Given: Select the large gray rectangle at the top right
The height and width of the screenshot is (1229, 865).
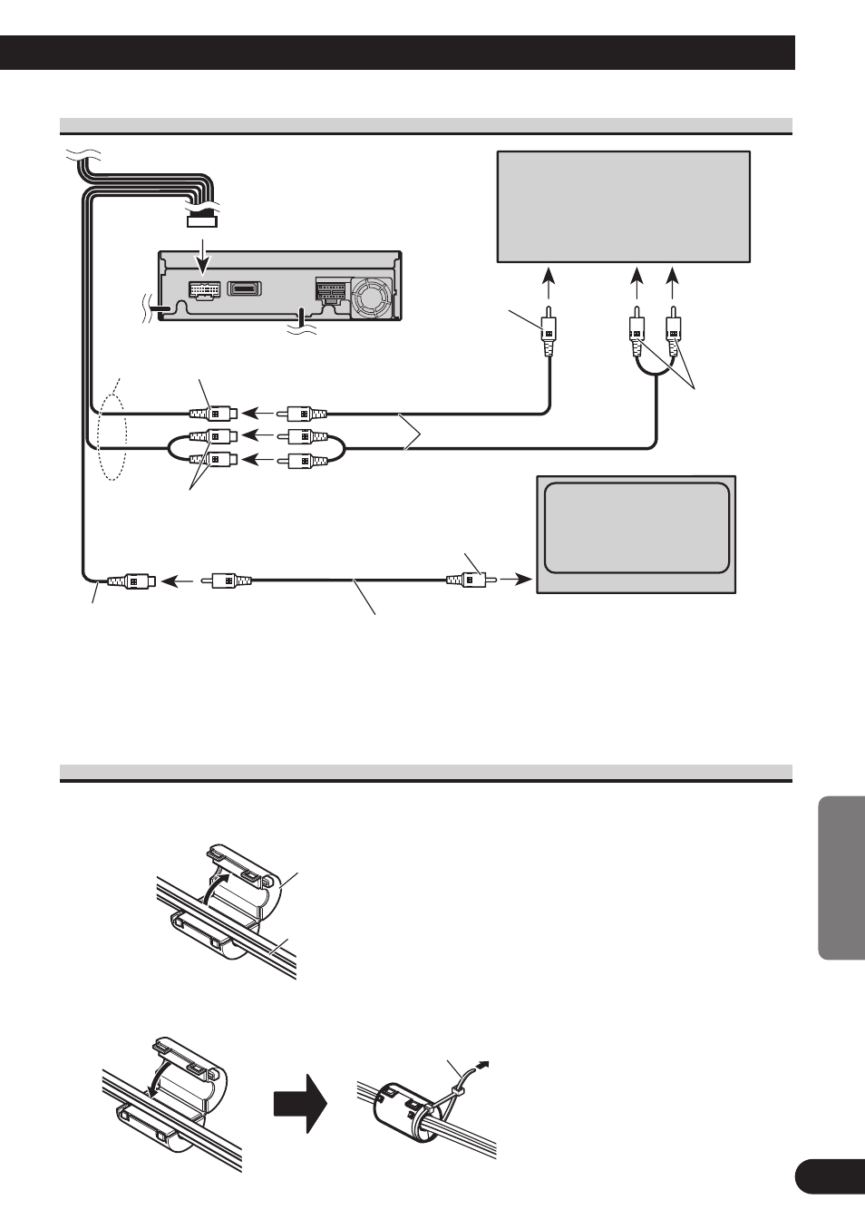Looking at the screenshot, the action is click(x=624, y=207).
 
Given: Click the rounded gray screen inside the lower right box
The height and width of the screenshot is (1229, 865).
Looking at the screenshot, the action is click(x=637, y=528).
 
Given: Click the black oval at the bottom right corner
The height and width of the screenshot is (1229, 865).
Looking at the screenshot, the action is click(x=829, y=1177).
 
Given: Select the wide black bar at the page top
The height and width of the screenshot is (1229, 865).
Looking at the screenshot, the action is click(x=397, y=53).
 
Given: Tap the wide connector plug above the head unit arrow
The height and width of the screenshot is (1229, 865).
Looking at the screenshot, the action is click(x=201, y=219).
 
